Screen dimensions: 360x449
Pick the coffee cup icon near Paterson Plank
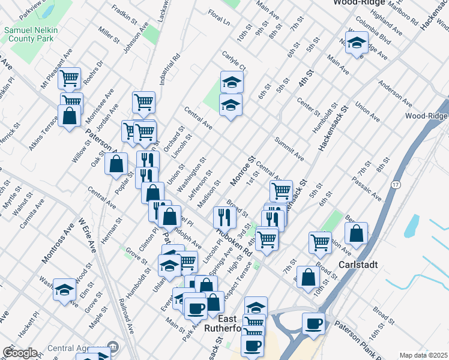point(313,324)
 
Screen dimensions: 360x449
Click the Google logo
point(20,353)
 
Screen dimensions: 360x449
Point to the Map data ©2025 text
point(423,355)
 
